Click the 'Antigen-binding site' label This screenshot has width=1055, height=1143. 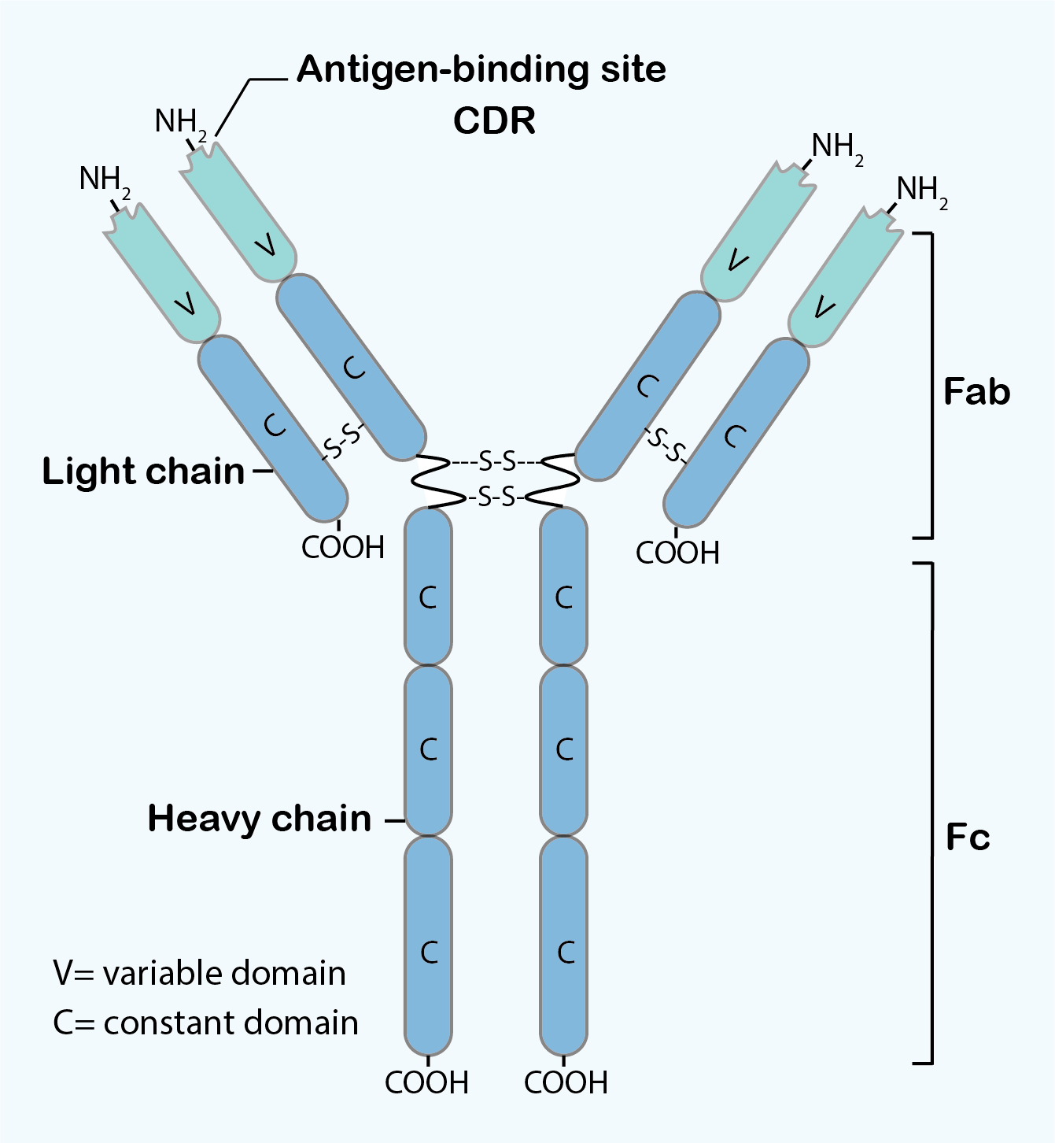click(481, 69)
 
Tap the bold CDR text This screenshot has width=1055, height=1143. click(494, 120)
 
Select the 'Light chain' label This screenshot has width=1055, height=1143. click(143, 471)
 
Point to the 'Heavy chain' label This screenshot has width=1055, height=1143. click(259, 819)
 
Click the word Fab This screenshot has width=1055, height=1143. click(976, 391)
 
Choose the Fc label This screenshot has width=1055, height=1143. click(967, 837)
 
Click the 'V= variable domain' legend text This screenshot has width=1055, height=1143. click(199, 974)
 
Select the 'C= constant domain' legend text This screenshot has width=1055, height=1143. click(205, 1023)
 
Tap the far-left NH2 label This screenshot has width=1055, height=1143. click(104, 180)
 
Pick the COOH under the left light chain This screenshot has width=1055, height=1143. click(342, 547)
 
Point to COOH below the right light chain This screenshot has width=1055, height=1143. click(677, 553)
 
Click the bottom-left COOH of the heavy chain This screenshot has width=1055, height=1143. click(426, 1082)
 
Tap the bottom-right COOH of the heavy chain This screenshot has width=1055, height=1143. click(566, 1082)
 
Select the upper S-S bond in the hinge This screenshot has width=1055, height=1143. click(497, 461)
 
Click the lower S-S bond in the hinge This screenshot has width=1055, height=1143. click(497, 497)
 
